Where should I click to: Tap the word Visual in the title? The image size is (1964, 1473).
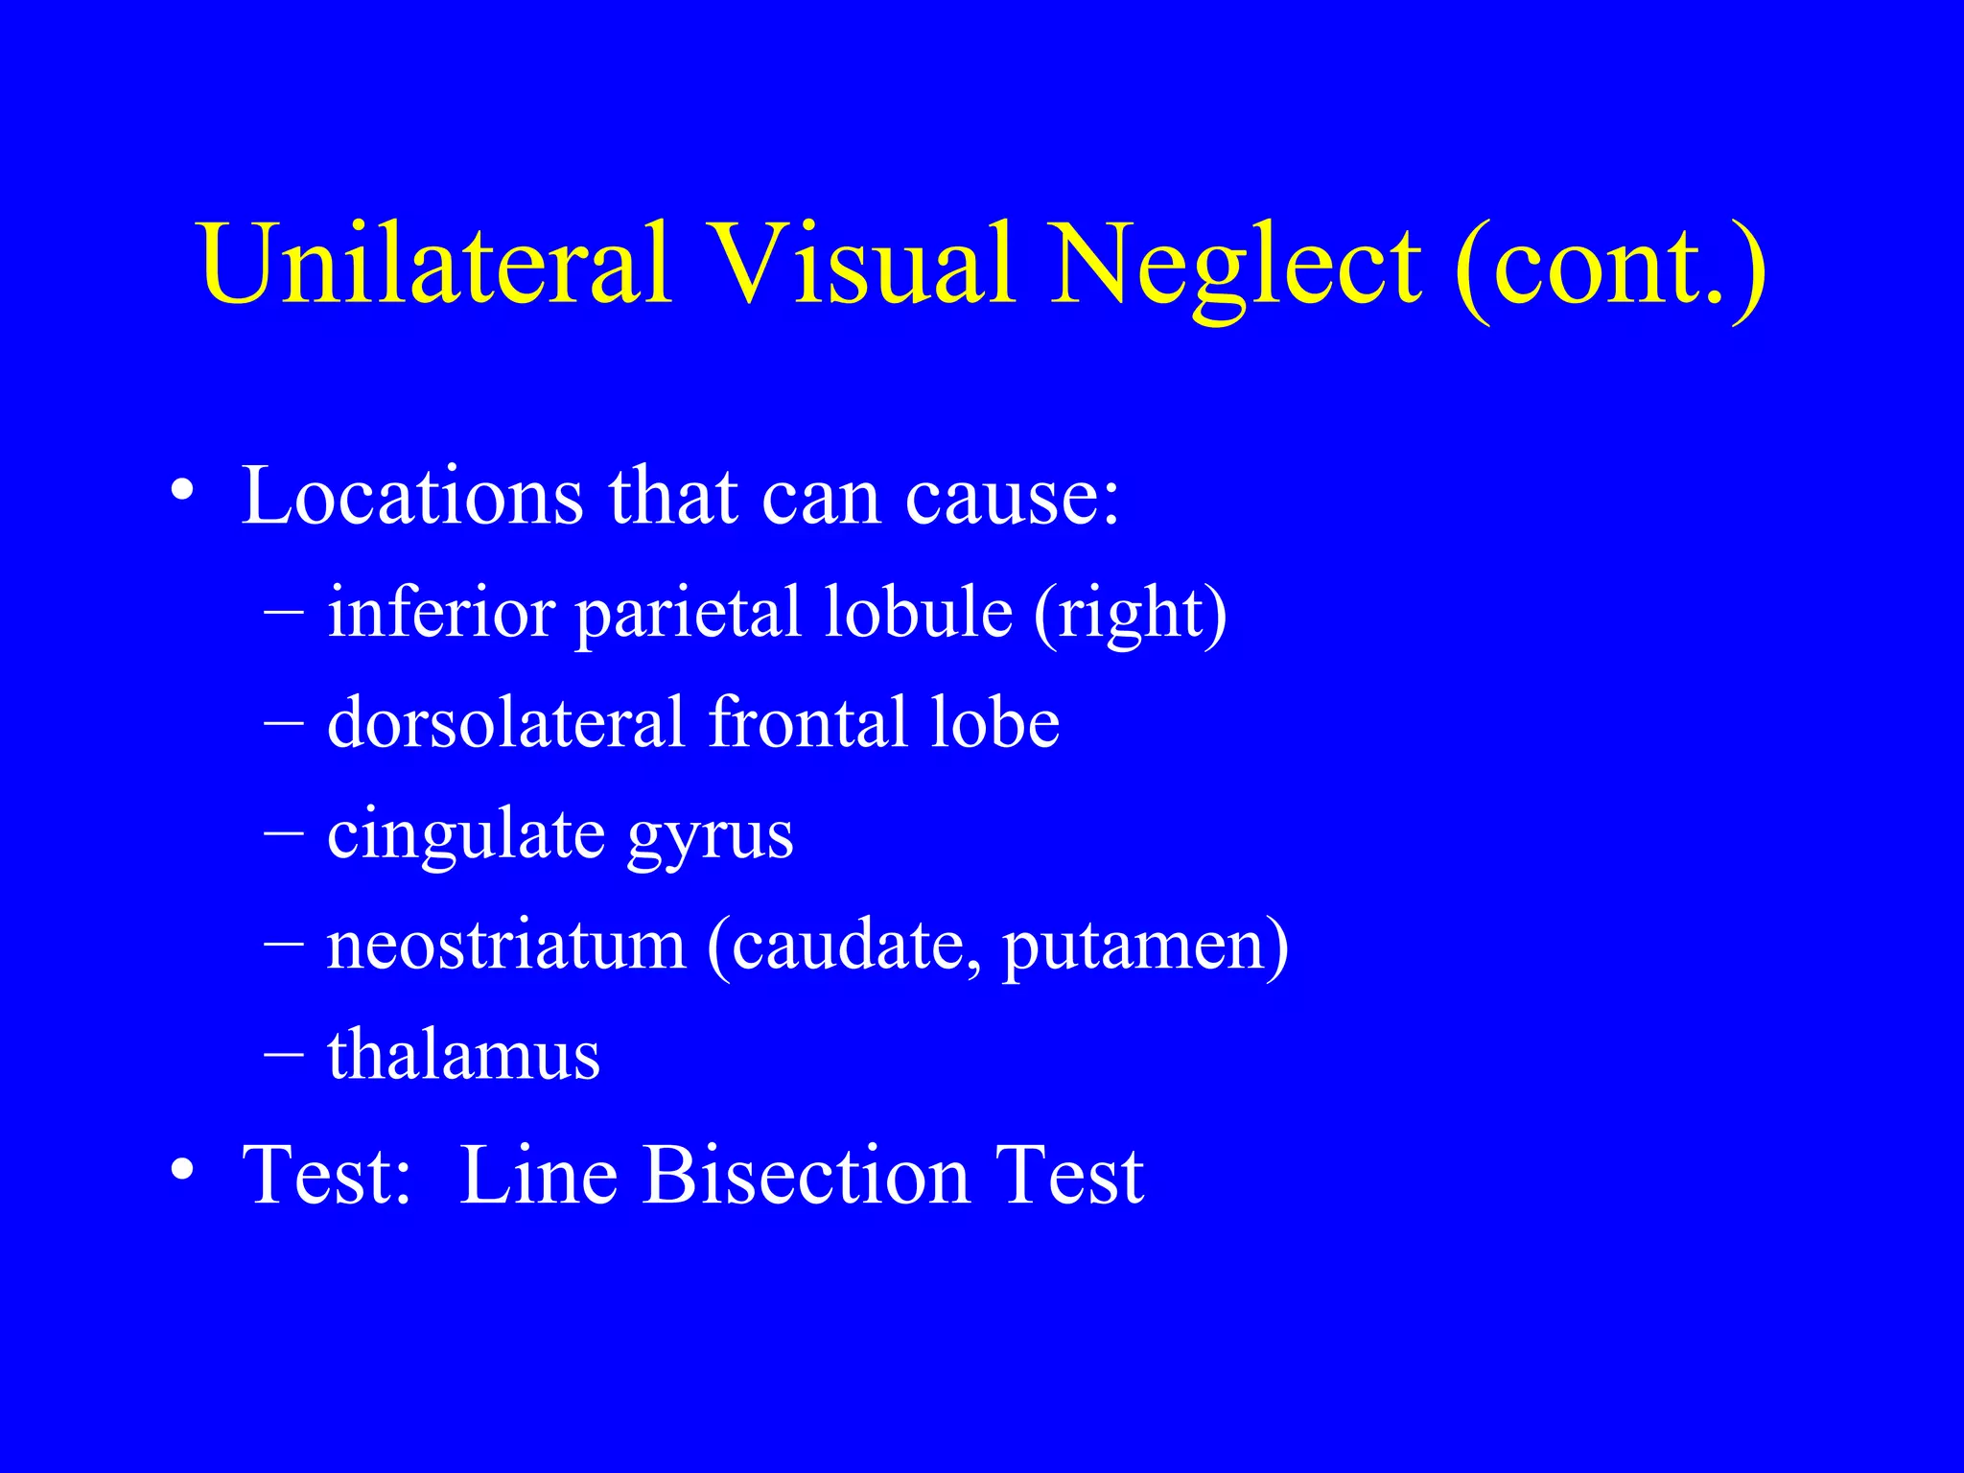(x=862, y=264)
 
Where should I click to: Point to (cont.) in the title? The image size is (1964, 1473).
(x=1610, y=269)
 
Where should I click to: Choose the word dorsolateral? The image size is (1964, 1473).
(x=506, y=722)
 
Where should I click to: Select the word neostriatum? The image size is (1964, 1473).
(x=506, y=946)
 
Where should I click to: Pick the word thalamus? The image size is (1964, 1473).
(x=463, y=1055)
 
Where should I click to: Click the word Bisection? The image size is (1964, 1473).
(x=806, y=1176)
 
